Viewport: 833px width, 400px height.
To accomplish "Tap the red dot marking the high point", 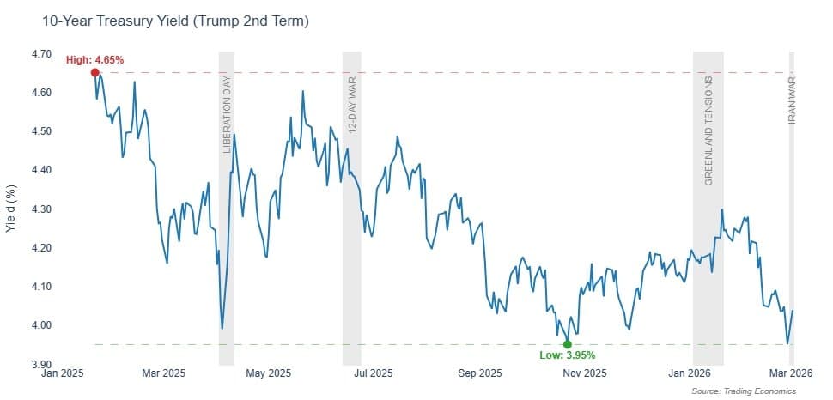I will pos(94,73).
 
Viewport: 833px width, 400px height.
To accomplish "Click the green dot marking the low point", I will pos(567,344).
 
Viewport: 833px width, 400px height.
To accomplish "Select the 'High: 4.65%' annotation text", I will pos(95,60).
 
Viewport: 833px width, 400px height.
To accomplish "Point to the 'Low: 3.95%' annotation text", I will pos(567,355).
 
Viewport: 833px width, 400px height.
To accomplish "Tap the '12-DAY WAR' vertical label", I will pos(351,106).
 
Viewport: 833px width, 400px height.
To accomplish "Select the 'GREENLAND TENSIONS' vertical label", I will pos(708,130).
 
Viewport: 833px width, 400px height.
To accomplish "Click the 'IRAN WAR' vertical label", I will pos(792,100).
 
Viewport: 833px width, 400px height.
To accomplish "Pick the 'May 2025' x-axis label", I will pos(268,373).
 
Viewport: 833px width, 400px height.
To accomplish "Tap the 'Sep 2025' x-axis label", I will pos(479,373).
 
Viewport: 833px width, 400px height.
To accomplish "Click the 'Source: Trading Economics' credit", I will pos(744,391).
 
